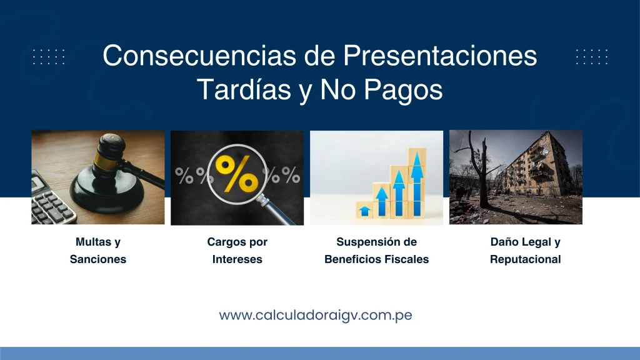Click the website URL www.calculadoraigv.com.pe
point(316,315)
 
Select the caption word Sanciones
point(98,259)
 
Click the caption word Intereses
point(237,259)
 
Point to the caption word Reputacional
point(525,259)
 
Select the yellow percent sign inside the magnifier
point(237,174)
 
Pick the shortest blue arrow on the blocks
point(364,211)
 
